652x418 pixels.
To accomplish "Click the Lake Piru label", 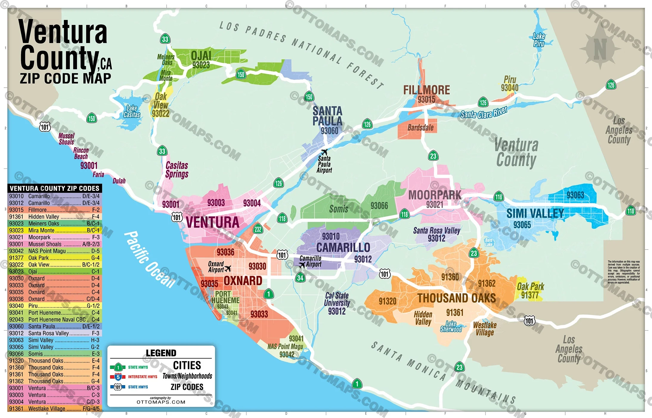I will [x=539, y=40].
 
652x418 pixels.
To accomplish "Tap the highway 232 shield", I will [x=258, y=229].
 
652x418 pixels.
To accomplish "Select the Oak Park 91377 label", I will [x=530, y=291].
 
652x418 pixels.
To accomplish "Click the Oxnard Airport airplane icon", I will [x=228, y=268].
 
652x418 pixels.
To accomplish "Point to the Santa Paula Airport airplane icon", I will [x=324, y=152].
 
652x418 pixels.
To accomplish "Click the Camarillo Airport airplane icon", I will [x=302, y=265].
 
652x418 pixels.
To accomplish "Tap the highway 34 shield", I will [x=300, y=278].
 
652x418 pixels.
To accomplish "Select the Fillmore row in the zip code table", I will [x=55, y=210].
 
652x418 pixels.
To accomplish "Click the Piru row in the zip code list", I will [x=55, y=306].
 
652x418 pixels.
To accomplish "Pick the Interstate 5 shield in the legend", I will [x=118, y=377].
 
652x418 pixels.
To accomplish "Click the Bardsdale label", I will [x=420, y=128].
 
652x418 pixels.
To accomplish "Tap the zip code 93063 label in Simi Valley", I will [x=575, y=195].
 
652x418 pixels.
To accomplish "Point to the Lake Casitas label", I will [x=131, y=111].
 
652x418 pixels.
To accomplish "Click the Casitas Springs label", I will [x=177, y=169].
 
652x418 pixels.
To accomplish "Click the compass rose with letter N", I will [x=600, y=48].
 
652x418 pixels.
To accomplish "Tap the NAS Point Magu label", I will [x=285, y=347].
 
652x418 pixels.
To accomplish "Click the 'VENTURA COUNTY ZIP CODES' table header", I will [x=55, y=188].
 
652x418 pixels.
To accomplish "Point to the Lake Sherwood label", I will [x=451, y=326].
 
